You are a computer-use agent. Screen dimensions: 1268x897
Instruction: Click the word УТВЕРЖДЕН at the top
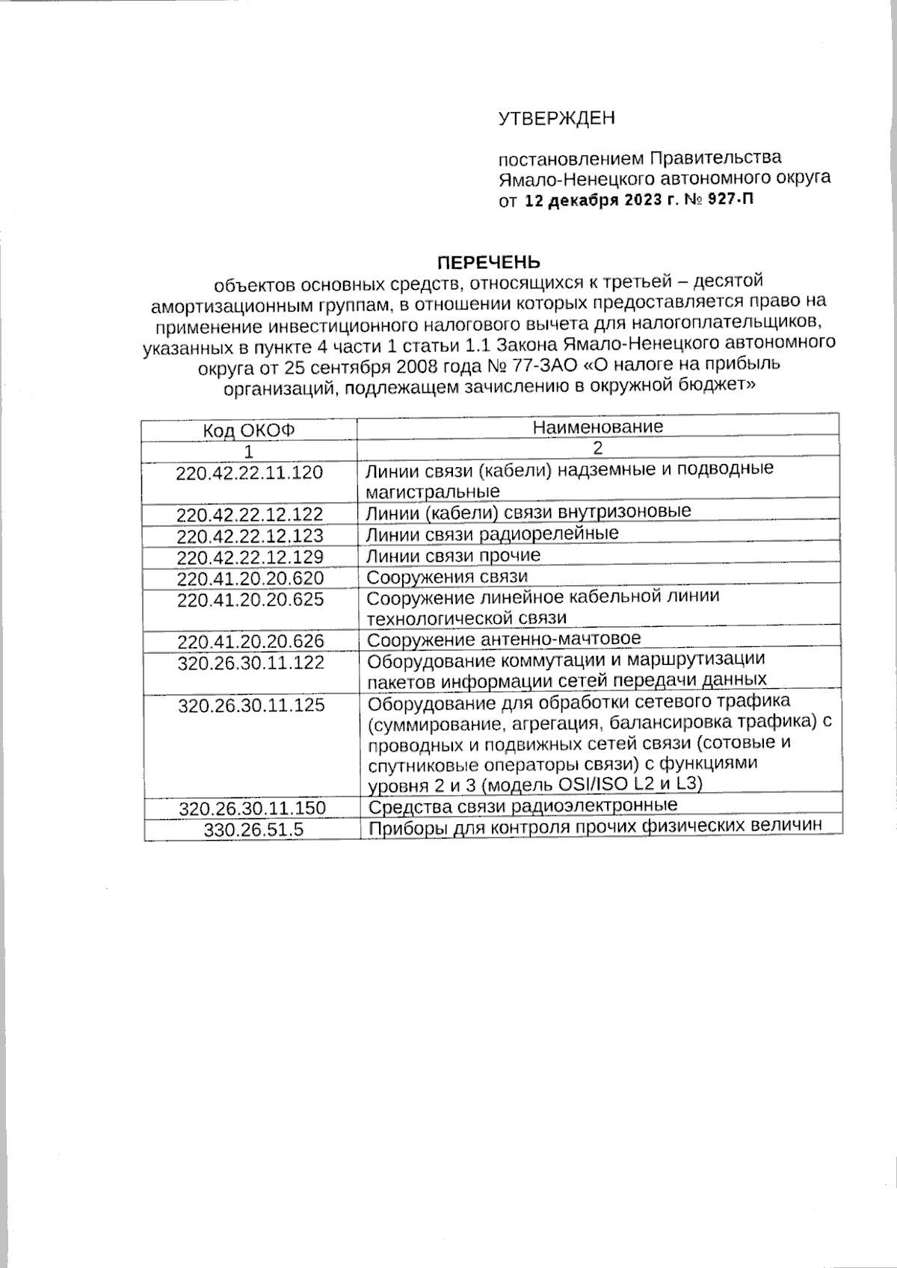[x=556, y=118]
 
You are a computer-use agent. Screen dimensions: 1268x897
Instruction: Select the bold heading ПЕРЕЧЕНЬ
[x=487, y=262]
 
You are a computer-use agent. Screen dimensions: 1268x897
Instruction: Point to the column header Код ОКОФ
[x=249, y=430]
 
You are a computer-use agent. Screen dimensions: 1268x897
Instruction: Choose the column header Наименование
[x=597, y=427]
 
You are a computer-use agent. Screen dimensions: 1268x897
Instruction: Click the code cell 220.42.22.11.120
[x=250, y=472]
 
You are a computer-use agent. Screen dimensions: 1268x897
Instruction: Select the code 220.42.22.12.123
[x=250, y=536]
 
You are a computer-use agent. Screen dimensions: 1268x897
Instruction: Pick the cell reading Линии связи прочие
[x=453, y=555]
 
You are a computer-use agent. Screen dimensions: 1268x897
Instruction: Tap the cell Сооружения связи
[x=447, y=577]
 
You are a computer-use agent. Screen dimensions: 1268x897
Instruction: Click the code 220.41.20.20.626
[x=250, y=641]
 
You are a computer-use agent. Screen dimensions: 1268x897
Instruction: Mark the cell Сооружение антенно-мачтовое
[x=504, y=639]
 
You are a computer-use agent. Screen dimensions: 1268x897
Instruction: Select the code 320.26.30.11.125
[x=251, y=705]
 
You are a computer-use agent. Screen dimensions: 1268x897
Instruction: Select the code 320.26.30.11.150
[x=252, y=808]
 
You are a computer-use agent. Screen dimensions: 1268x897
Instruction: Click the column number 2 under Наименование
[x=597, y=448]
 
